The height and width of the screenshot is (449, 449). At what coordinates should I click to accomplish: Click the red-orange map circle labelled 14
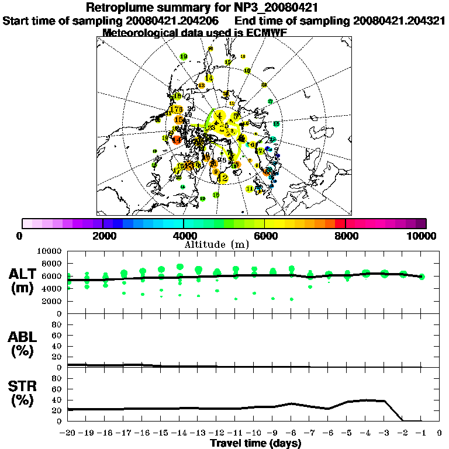point(177,139)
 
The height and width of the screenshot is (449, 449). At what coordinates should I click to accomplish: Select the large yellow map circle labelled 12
point(222,178)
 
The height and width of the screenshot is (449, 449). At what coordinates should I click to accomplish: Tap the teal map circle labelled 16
point(276,124)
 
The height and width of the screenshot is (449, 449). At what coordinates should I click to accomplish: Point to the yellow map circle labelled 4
point(219,115)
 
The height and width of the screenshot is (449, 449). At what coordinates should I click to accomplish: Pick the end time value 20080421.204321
point(399,21)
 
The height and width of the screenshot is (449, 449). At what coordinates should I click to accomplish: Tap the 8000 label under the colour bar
point(346,236)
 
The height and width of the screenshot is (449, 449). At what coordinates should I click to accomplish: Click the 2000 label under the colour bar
point(103,236)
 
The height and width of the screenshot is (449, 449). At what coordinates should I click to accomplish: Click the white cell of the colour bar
point(27,223)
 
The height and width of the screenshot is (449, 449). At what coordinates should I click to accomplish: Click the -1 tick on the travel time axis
point(422,433)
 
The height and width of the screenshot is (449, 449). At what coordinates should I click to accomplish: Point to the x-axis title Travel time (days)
point(255,443)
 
